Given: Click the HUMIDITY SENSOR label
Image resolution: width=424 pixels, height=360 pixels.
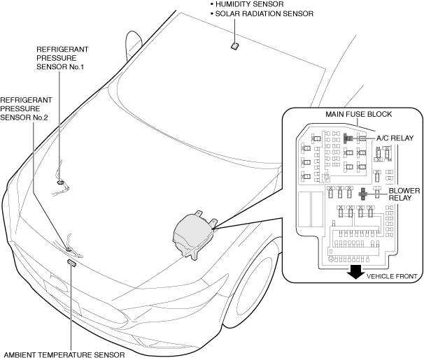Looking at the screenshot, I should (249, 5).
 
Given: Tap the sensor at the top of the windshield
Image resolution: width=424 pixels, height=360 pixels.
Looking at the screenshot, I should (234, 46).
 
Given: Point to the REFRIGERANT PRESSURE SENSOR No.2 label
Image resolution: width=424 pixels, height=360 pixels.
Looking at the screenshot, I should (24, 109).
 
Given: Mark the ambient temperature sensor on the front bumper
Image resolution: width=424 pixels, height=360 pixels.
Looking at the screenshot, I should (71, 263).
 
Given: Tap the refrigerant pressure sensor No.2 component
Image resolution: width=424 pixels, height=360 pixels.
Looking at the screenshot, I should (69, 247).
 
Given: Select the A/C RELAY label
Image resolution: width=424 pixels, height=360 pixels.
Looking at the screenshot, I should (396, 138).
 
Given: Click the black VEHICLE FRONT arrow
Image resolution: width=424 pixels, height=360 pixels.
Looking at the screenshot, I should (355, 271).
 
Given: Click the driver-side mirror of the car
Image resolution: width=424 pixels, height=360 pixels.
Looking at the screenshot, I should (128, 47).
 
